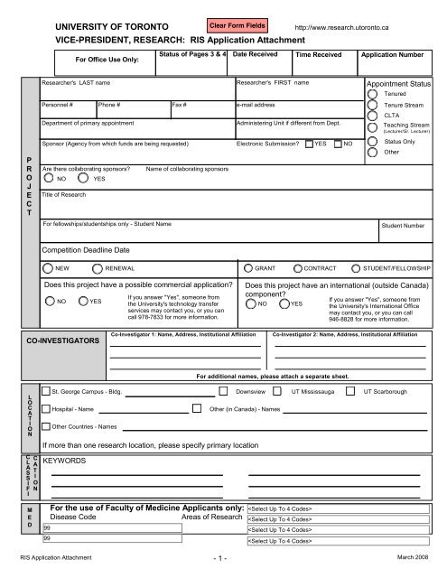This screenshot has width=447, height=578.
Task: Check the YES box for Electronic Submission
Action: [309, 144]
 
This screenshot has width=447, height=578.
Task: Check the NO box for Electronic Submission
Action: [339, 144]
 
